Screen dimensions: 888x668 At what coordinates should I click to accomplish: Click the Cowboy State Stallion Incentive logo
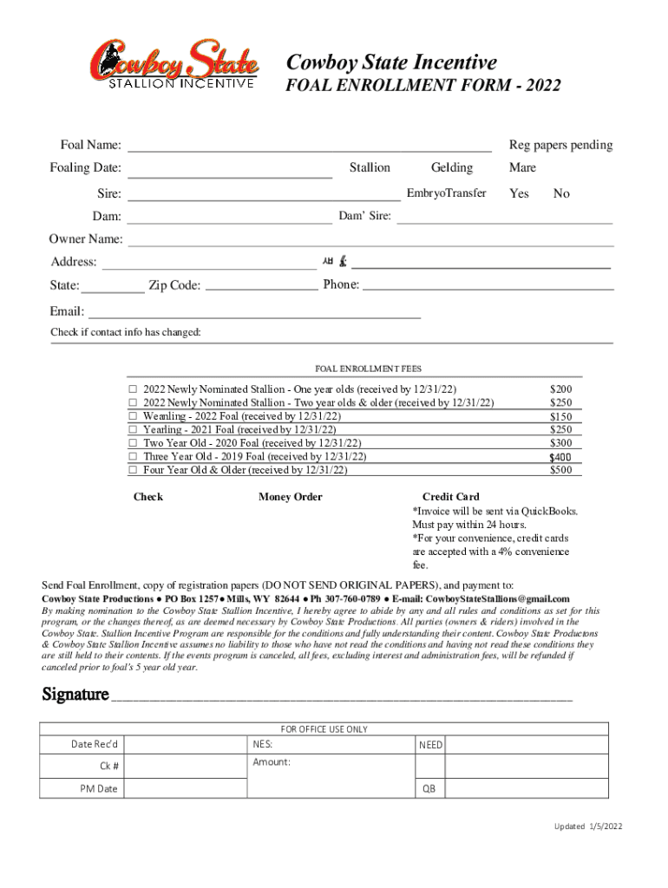pos(174,64)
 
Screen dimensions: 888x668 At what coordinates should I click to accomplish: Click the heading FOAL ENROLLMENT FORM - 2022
pos(423,86)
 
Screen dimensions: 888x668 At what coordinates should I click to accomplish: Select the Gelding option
pos(452,167)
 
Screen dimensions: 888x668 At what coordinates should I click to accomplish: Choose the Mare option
pos(522,167)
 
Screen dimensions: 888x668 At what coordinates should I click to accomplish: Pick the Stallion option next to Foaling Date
pos(370,167)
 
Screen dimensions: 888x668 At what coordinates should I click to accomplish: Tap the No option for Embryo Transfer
pos(561,193)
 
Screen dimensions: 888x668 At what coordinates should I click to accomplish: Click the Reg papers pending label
pos(560,145)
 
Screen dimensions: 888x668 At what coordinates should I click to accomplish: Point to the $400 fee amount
pos(560,457)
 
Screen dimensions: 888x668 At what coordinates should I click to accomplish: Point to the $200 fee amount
pos(561,390)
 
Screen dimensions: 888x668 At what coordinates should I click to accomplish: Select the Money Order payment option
pos(290,497)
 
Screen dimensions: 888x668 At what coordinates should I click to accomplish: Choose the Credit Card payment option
pos(450,497)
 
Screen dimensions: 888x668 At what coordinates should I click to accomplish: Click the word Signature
pos(75,695)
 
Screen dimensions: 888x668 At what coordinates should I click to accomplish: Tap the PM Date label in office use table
pos(99,789)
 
